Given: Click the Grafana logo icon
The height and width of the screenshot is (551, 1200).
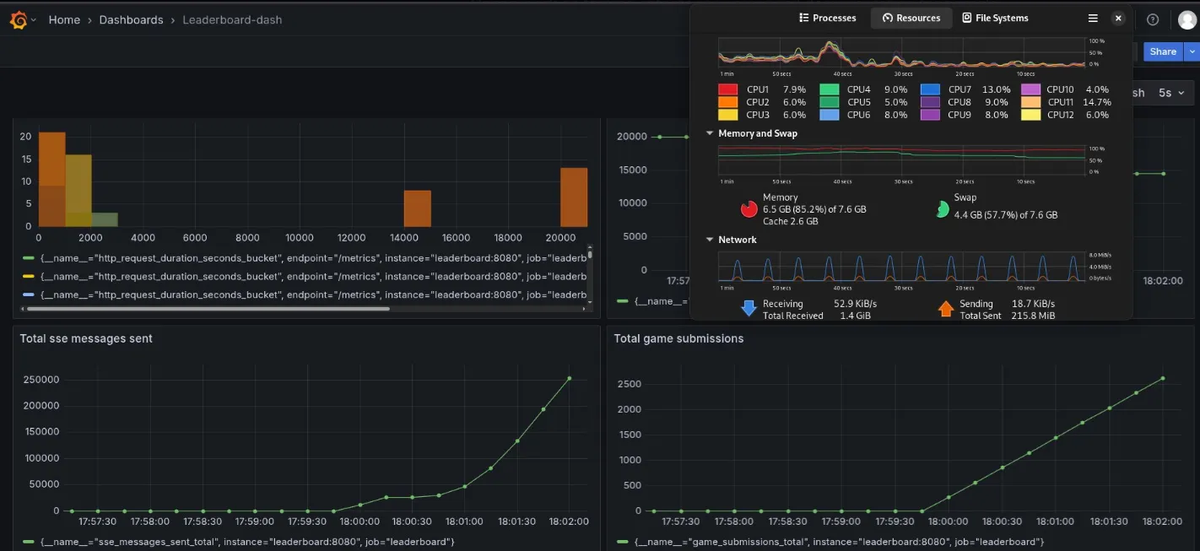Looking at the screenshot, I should [19, 19].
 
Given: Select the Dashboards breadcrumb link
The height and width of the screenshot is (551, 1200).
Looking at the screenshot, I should [131, 19].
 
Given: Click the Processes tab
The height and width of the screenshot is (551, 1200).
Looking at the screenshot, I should [827, 18].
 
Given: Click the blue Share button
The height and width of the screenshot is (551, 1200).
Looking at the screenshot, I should [1162, 51].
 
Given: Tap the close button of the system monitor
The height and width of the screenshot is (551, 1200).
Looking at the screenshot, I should [1118, 18].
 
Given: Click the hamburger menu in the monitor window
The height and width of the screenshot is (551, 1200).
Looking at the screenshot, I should [1093, 18].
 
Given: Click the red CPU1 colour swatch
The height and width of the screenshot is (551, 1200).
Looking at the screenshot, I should [728, 89].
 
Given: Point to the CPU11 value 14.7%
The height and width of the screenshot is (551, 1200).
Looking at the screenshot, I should [1097, 102].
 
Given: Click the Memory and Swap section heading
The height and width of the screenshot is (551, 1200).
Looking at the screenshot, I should [757, 133].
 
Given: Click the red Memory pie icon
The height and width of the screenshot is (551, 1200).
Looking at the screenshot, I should [749, 209].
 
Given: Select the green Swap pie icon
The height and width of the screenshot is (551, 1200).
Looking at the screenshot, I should [943, 209].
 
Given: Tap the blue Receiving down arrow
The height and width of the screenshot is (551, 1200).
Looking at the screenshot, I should [749, 309].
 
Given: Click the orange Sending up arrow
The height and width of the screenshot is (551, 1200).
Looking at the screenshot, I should [945, 309].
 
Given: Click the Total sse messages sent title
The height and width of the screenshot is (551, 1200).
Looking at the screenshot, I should [86, 338].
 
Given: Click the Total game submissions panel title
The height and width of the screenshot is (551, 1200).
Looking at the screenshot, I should [678, 338].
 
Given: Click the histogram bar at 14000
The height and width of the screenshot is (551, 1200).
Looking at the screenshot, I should [417, 208].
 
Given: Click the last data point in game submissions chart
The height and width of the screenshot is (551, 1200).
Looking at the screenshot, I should [1163, 378].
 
